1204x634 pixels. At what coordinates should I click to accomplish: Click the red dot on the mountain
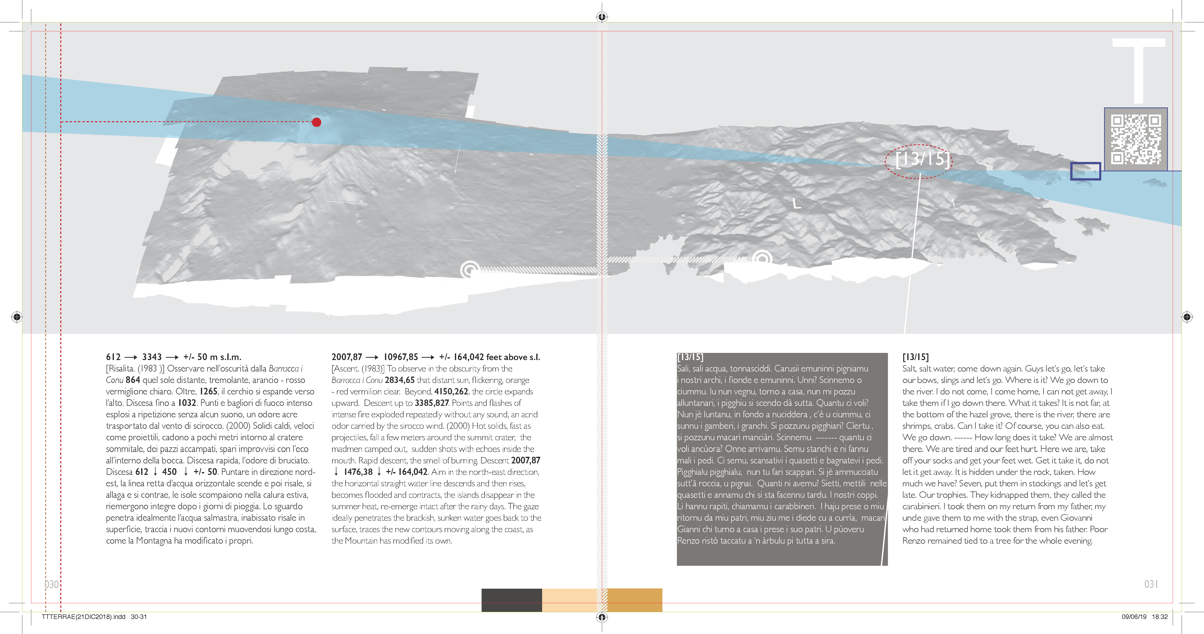click(316, 122)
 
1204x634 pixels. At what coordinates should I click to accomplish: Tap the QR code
click(1136, 140)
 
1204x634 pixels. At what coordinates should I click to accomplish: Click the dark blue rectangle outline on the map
click(1085, 171)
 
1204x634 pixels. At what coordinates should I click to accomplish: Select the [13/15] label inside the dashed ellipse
click(923, 159)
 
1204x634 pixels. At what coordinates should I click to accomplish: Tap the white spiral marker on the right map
click(762, 258)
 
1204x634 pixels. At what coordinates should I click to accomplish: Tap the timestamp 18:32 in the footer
click(1160, 617)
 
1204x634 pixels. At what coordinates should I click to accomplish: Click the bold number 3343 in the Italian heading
click(152, 357)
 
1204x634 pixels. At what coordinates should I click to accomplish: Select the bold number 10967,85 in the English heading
click(400, 357)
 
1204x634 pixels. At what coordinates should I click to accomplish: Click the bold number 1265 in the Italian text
click(208, 391)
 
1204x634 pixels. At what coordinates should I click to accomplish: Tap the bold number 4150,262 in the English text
click(451, 391)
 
